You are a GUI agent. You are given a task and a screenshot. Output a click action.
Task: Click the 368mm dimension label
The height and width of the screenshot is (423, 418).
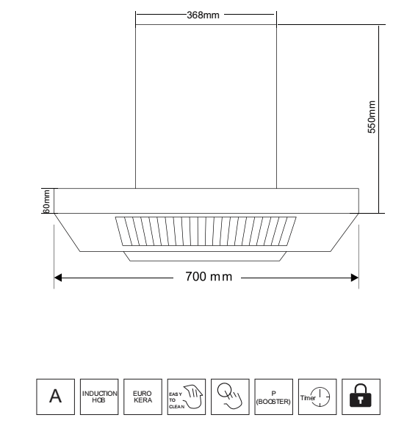tap(203, 15)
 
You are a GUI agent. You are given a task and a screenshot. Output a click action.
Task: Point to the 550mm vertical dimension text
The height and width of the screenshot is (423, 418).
tap(372, 117)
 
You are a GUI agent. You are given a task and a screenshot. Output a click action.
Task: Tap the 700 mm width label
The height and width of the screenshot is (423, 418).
tap(209, 277)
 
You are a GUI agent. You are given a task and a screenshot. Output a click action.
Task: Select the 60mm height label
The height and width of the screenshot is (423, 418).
tap(46, 201)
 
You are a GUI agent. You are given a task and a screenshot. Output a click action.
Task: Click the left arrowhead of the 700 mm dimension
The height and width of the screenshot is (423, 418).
tap(58, 278)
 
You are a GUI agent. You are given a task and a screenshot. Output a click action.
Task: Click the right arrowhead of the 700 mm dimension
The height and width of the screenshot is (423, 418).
tap(355, 278)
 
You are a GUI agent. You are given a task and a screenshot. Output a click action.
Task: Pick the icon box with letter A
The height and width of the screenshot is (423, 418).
tap(56, 397)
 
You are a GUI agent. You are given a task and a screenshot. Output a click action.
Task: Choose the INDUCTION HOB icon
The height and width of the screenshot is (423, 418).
tap(99, 397)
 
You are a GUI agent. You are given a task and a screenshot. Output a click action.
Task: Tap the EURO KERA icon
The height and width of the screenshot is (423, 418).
tap(143, 397)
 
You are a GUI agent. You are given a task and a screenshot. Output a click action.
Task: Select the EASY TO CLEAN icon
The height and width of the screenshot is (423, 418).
tap(187, 397)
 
